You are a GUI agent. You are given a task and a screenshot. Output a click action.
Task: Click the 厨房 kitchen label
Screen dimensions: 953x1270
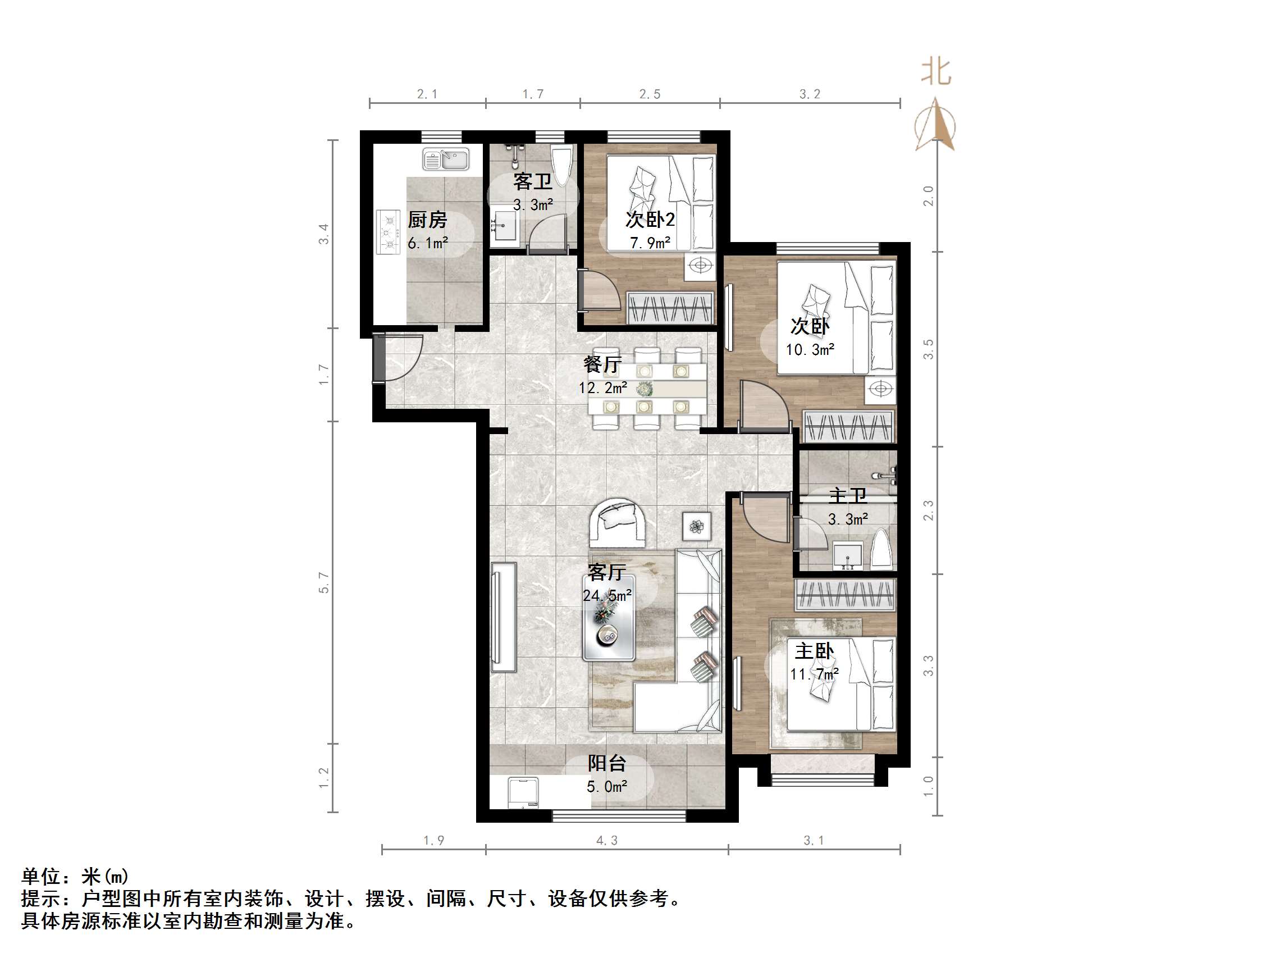coord(427,220)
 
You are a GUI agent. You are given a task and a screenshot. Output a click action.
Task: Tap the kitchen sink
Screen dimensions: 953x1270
coord(446,158)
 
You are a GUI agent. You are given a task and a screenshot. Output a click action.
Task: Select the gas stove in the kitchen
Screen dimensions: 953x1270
coord(388,232)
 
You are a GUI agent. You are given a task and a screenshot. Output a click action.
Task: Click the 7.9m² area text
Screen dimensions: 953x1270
coord(650,243)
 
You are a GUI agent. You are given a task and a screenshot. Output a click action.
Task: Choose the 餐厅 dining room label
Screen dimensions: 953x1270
coord(602,364)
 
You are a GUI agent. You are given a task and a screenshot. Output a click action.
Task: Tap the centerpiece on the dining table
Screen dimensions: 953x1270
coord(644,389)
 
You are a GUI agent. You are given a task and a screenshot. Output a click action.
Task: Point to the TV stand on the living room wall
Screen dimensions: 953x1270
coord(503,617)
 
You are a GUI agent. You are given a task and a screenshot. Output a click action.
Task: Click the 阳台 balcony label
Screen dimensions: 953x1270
coord(606,763)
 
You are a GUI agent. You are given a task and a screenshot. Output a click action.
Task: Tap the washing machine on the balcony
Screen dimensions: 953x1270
coord(524,793)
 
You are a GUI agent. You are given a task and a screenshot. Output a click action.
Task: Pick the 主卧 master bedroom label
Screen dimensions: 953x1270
coord(814,651)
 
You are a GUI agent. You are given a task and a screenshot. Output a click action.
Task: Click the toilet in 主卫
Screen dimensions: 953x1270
coord(881,549)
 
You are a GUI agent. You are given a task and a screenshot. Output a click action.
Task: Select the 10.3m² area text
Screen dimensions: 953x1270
coord(810,350)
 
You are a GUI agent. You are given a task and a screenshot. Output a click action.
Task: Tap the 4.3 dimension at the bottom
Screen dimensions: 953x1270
coord(607,841)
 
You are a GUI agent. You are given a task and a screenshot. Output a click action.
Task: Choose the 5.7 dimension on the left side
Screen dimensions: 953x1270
coord(325,582)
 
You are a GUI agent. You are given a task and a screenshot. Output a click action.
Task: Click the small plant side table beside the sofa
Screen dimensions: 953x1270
coord(696,526)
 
